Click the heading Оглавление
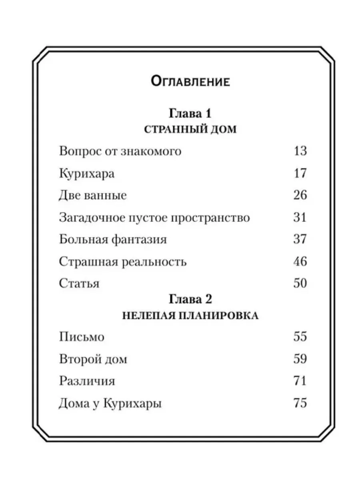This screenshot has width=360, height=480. tap(190, 82)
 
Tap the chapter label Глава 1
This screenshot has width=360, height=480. tap(190, 113)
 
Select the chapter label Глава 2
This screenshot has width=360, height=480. tap(190, 299)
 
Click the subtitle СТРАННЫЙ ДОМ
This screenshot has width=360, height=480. tap(190, 130)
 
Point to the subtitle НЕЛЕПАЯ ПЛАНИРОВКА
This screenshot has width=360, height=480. tap(190, 316)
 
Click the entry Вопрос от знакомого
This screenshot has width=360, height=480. tap(120, 152)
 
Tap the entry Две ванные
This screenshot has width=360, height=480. tap(93, 196)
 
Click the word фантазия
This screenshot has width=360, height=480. tap(140, 240)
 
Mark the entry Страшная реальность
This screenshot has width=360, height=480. tap(123, 262)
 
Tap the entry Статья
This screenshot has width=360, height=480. tap(79, 284)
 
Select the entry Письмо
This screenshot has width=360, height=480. tap(82, 337)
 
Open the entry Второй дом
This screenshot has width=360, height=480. tap(93, 359)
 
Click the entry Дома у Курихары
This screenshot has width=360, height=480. tap(110, 403)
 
